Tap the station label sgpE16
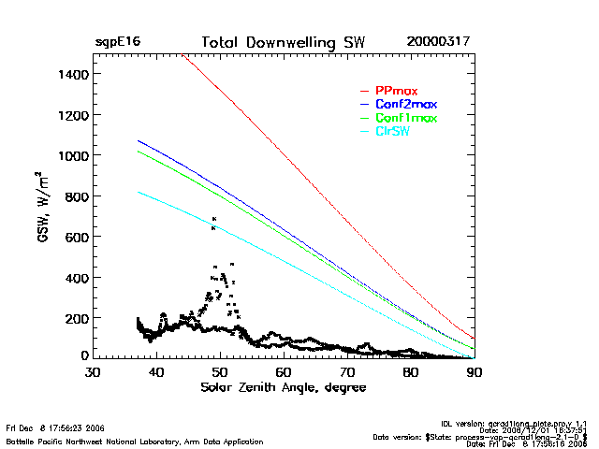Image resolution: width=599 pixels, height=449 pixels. [x=118, y=43]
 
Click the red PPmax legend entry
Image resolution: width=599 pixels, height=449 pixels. [x=396, y=91]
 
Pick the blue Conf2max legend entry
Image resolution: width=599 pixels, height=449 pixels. [x=405, y=104]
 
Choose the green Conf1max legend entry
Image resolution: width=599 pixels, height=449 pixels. [x=405, y=118]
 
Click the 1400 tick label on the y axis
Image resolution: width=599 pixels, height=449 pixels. [x=73, y=74]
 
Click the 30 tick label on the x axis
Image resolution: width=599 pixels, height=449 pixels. [x=93, y=372]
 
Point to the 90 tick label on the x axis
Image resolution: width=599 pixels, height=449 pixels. [x=475, y=372]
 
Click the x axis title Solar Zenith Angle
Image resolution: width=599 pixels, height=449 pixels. [x=284, y=386]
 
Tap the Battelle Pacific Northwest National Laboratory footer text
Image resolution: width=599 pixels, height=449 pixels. [x=135, y=441]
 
